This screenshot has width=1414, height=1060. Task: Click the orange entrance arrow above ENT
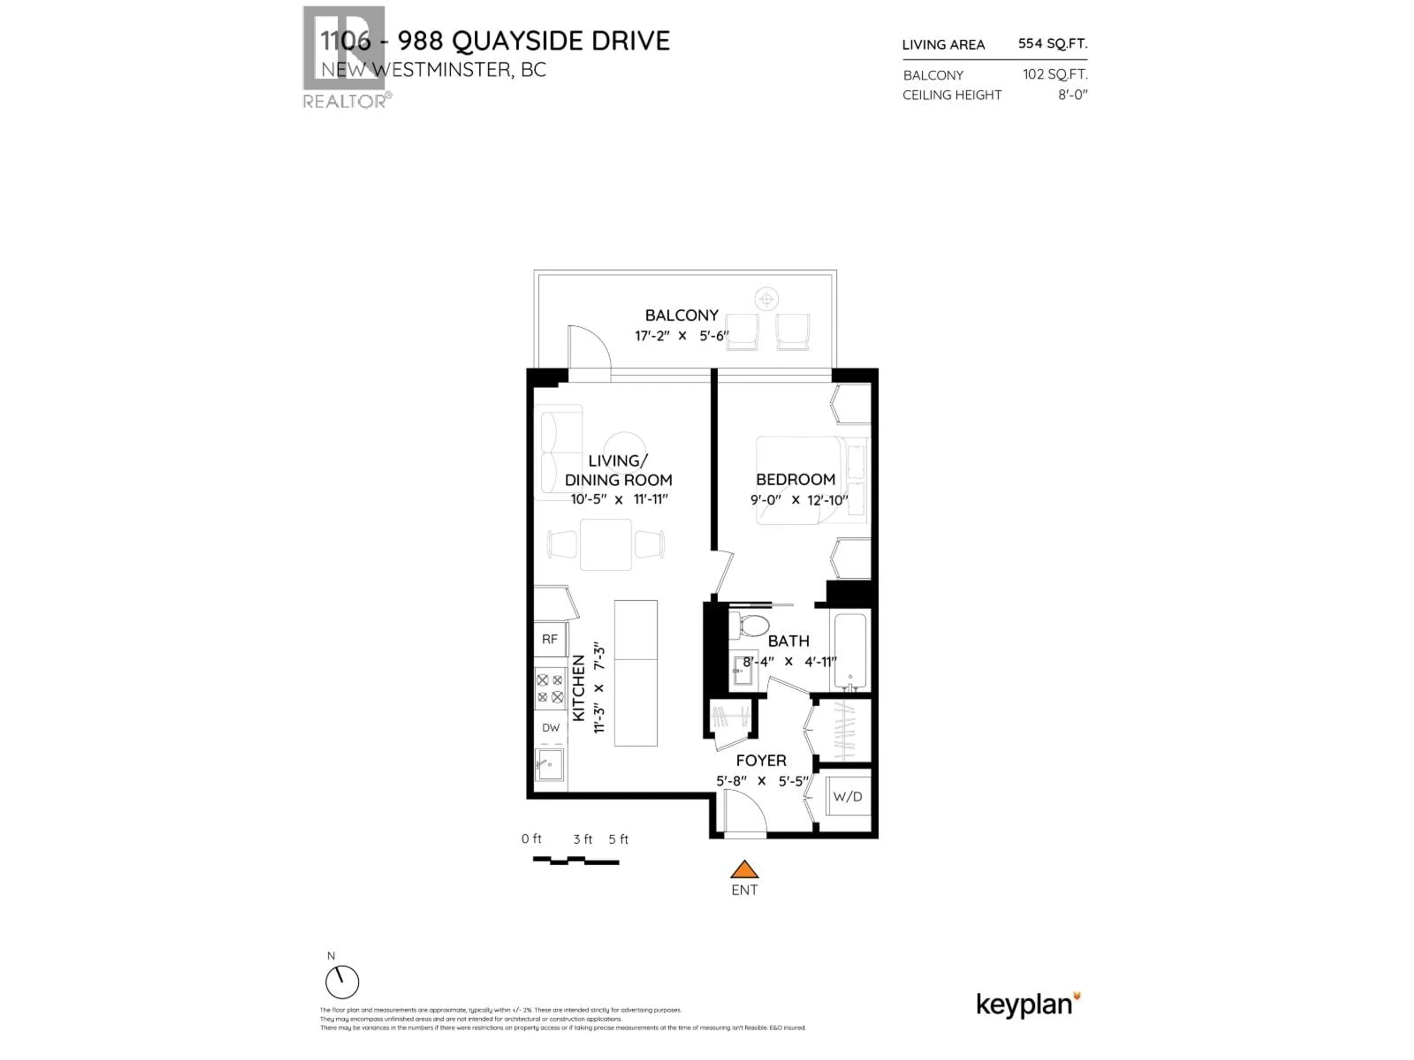point(744,870)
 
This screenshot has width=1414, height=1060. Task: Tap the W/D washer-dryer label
point(848,797)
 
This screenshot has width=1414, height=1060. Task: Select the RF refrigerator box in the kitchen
point(550,639)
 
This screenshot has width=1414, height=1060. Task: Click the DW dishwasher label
point(551,727)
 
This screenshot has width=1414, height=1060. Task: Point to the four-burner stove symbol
point(550,688)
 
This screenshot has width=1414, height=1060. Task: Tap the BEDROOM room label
point(795,479)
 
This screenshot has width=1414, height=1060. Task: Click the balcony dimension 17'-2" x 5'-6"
point(682,335)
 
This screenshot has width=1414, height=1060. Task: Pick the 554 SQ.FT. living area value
point(1052,43)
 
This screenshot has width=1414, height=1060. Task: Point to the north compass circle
point(342,982)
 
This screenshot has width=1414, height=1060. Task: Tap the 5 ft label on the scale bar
point(618,839)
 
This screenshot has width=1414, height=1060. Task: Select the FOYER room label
point(761,760)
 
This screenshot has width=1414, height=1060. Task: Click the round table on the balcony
point(766,298)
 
